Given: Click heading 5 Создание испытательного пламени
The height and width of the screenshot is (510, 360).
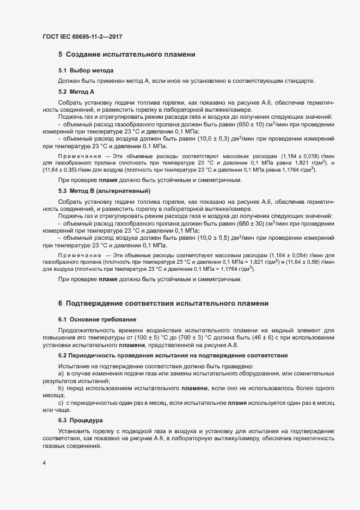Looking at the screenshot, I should click(x=126, y=54).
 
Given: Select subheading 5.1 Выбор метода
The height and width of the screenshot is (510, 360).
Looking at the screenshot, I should click(x=86, y=71).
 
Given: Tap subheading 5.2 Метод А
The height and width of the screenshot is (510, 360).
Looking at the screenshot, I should click(x=76, y=92).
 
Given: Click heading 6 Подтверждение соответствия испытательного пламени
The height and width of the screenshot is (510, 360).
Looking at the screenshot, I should click(x=163, y=303).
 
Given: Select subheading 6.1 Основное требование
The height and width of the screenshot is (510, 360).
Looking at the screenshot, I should click(x=97, y=319).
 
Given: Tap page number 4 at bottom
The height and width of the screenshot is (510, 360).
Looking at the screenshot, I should click(x=44, y=464).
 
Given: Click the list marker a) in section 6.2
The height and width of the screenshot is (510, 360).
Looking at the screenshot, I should click(x=61, y=374).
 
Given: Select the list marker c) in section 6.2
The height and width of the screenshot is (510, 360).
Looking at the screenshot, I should click(x=61, y=402).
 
